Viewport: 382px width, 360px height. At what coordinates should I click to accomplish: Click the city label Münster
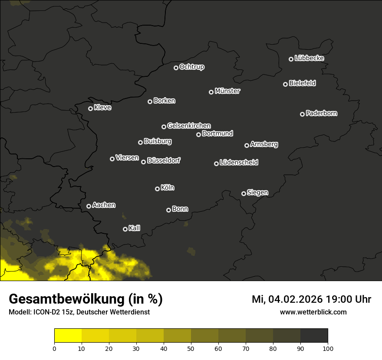click(227, 91)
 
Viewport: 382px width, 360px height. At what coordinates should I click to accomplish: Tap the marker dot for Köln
click(157, 189)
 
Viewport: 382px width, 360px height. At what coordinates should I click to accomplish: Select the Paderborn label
click(321, 113)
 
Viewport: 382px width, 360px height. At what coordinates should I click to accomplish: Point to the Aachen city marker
click(89, 206)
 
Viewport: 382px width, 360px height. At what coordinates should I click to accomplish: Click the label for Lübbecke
click(309, 58)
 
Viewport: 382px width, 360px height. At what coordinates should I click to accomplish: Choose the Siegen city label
click(257, 193)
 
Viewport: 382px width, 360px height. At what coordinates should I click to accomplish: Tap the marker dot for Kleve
click(90, 108)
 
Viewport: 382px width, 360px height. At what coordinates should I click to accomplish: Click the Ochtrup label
click(191, 67)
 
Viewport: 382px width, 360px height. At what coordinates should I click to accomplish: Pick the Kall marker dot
click(125, 229)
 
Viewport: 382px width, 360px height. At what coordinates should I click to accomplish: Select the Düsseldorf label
click(164, 160)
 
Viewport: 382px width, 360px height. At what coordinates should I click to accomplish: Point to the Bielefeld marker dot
click(285, 84)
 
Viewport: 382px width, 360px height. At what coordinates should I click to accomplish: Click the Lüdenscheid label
click(239, 163)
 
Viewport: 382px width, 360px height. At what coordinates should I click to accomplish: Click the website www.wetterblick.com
click(313, 312)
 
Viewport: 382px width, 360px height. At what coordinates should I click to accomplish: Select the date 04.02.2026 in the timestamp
click(295, 299)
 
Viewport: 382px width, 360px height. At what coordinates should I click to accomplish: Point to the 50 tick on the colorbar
click(191, 348)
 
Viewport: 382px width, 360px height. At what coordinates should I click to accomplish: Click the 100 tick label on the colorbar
click(328, 348)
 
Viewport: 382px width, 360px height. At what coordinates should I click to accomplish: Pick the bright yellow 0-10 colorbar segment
click(68, 336)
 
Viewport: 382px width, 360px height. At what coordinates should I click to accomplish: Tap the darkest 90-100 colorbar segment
click(314, 336)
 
